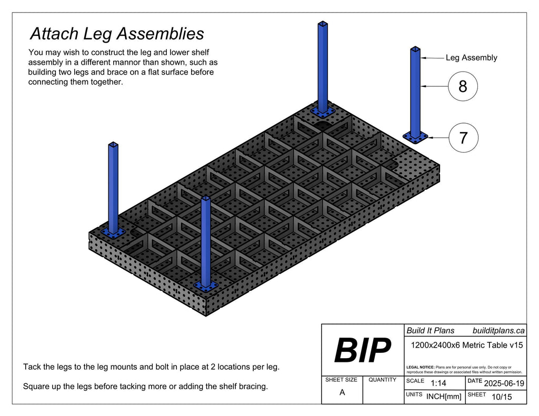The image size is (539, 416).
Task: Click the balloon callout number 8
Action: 463,86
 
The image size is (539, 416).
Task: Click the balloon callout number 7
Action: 463,138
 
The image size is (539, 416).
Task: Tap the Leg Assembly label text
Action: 471,58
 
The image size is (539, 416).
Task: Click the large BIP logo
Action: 363,351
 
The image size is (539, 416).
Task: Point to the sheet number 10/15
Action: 501,397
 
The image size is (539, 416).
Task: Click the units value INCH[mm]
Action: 444,397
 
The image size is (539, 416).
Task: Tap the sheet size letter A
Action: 342,392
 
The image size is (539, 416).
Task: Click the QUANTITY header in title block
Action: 382,380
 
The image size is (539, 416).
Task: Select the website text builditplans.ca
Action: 498,330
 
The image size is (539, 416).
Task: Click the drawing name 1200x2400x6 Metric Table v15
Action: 466,346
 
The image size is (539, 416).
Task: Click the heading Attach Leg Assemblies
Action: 117,34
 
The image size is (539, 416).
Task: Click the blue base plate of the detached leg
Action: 416,137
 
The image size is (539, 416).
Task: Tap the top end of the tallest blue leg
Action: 322,24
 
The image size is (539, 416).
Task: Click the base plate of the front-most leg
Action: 205,286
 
